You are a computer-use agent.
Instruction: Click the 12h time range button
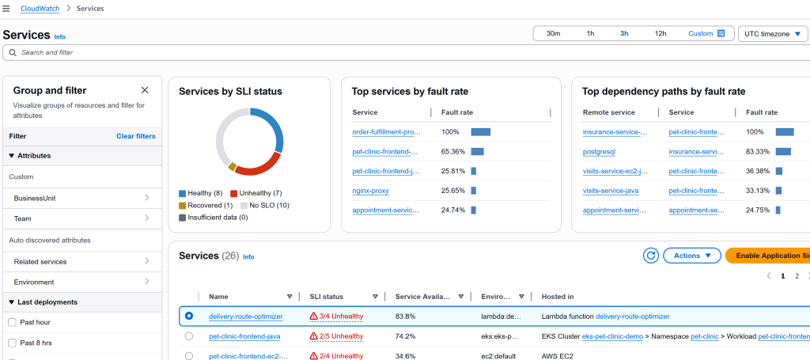[x=660, y=33]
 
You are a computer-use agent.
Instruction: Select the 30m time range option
[x=553, y=33]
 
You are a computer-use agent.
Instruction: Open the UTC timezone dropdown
[x=773, y=33]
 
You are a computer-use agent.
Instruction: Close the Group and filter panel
[x=145, y=90]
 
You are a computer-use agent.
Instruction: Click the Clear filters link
[x=136, y=136]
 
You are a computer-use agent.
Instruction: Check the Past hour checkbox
[x=12, y=322]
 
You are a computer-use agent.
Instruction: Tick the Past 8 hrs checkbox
[x=12, y=343]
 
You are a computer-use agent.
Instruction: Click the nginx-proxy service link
[x=370, y=191]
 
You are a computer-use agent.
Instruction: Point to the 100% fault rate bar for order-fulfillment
[x=480, y=132]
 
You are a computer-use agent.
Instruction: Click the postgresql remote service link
[x=599, y=151]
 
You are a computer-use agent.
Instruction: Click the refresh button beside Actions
[x=651, y=256]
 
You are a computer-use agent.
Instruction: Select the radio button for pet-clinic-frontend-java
[x=189, y=336]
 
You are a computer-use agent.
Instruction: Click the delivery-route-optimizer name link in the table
[x=245, y=316]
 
